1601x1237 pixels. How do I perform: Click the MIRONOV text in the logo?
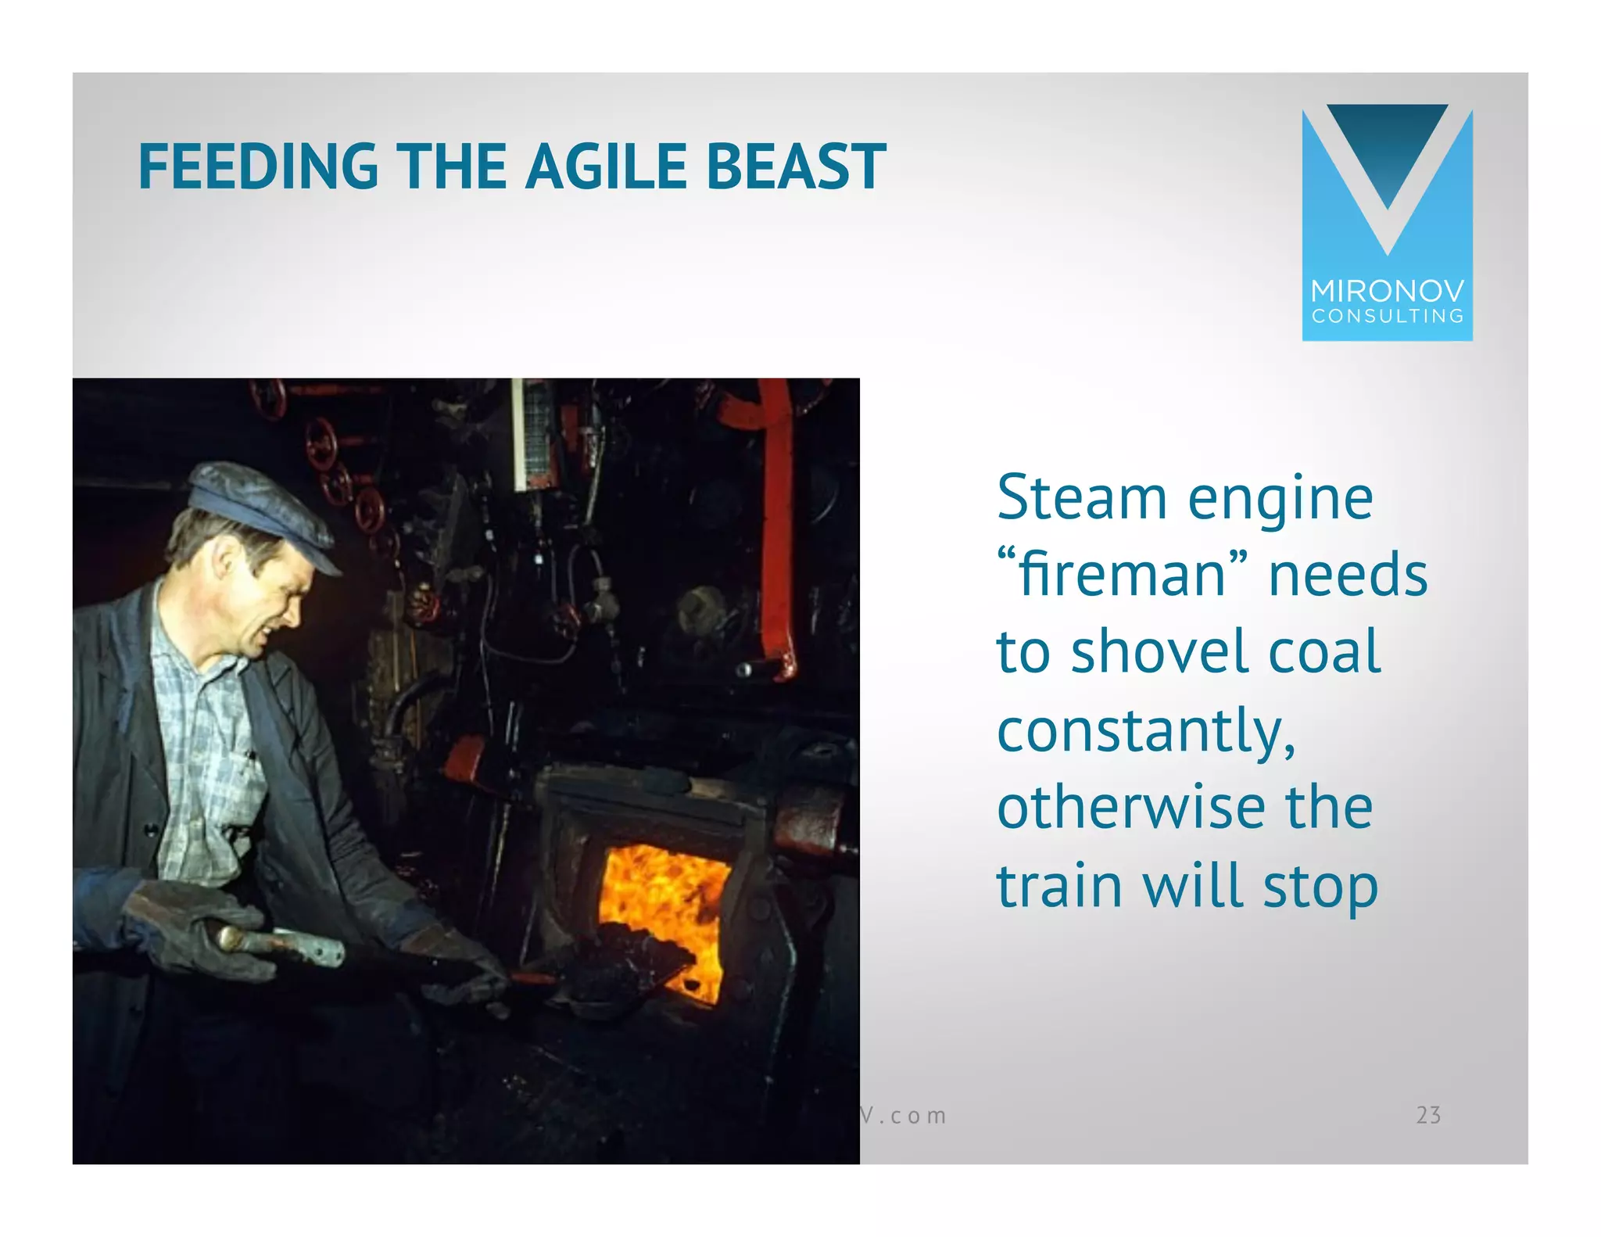click(1387, 292)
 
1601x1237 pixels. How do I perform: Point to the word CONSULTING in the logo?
click(1387, 317)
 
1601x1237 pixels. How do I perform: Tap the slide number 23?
click(1428, 1115)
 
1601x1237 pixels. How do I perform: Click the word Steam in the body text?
click(1082, 499)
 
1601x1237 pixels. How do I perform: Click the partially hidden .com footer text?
click(905, 1116)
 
